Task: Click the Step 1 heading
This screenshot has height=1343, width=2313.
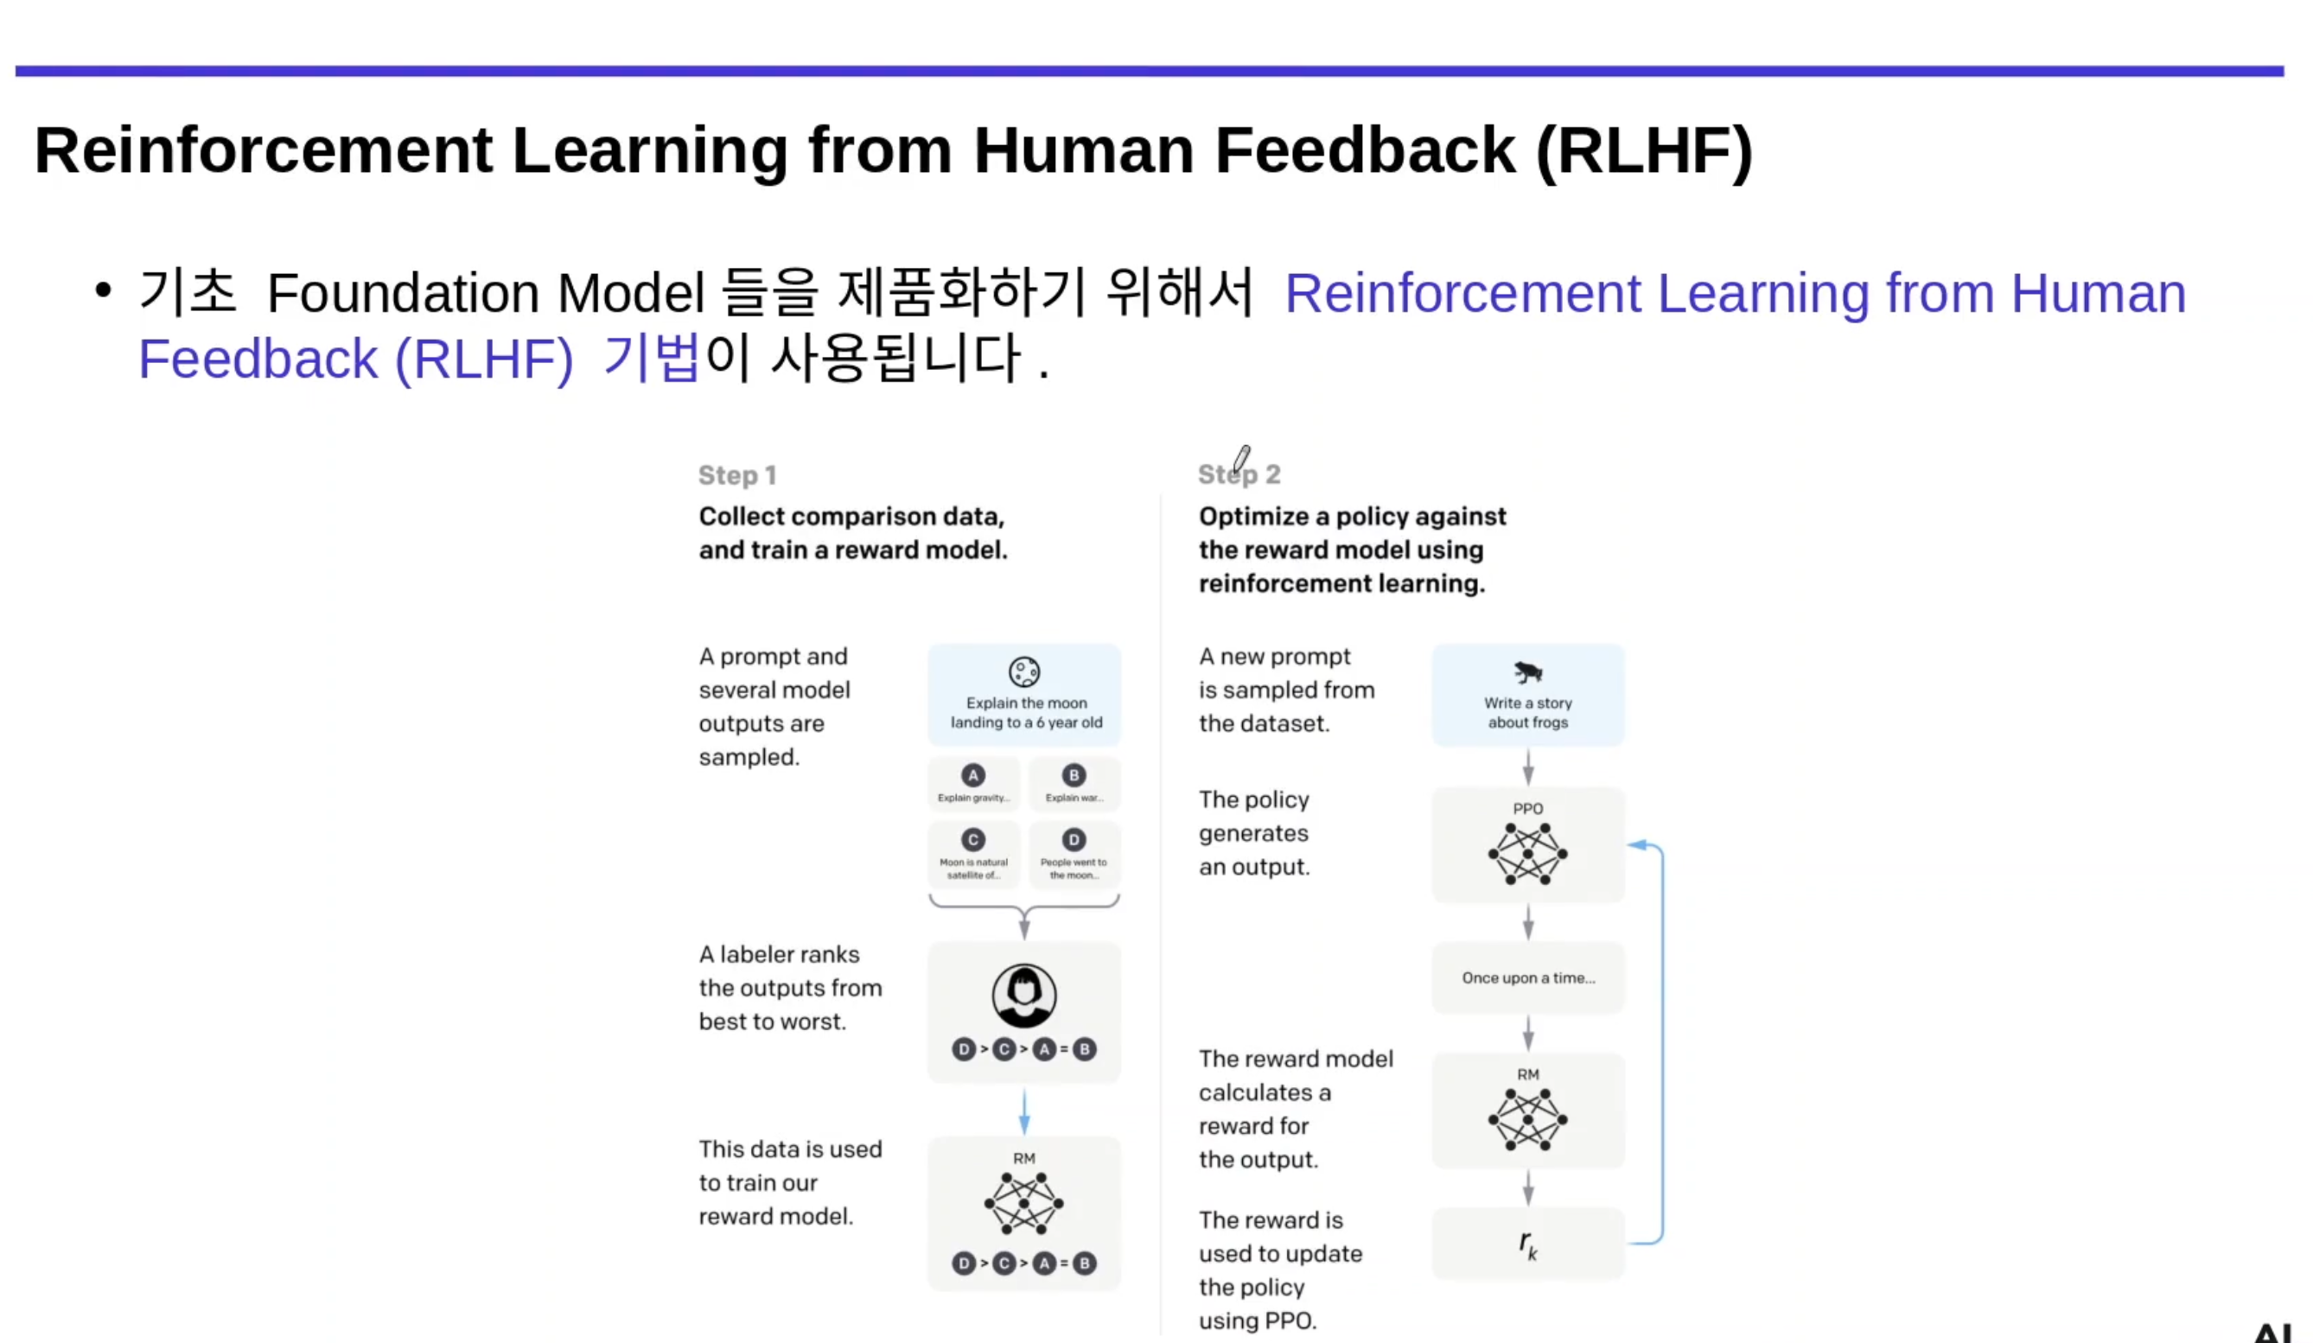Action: click(737, 474)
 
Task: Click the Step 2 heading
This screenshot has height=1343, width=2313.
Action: click(1239, 474)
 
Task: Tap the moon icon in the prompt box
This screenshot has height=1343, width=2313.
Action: click(1024, 672)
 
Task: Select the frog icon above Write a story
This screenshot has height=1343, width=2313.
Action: click(1527, 672)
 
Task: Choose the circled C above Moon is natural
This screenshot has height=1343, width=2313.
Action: click(973, 839)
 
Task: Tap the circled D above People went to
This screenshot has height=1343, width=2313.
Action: click(1074, 839)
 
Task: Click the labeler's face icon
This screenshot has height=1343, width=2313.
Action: click(1024, 995)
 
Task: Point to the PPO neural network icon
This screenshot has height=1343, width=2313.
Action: click(1527, 854)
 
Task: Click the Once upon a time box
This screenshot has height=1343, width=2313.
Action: click(1528, 977)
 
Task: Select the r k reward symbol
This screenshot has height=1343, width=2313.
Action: click(1527, 1244)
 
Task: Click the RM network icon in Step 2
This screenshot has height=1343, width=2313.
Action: click(1527, 1119)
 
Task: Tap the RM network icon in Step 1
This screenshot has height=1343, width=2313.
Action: click(1024, 1202)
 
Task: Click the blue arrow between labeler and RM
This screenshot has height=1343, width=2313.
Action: click(1024, 1111)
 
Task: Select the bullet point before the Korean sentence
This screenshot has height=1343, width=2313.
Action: click(103, 291)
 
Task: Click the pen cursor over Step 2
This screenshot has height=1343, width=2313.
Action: click(1241, 458)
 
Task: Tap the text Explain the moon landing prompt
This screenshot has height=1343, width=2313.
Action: click(1026, 712)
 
